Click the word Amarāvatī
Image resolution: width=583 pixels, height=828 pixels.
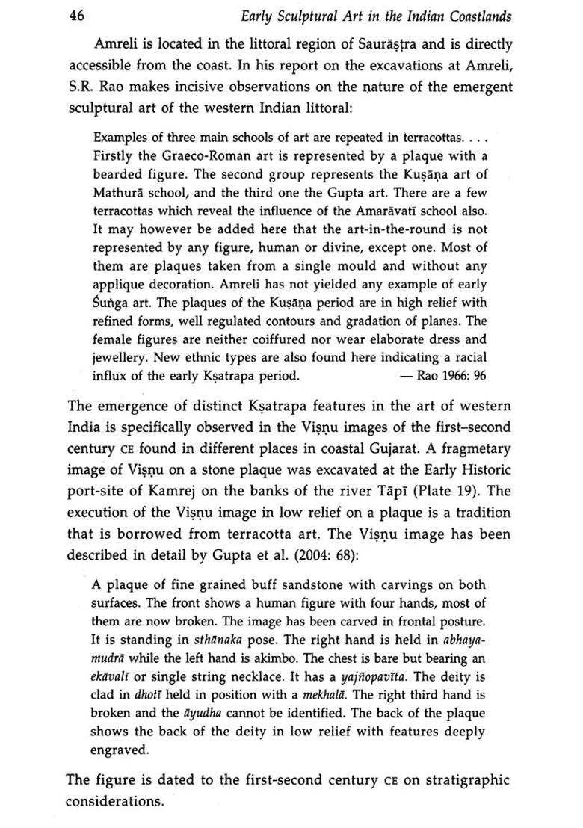point(388,210)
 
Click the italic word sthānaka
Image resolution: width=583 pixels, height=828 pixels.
point(217,640)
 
